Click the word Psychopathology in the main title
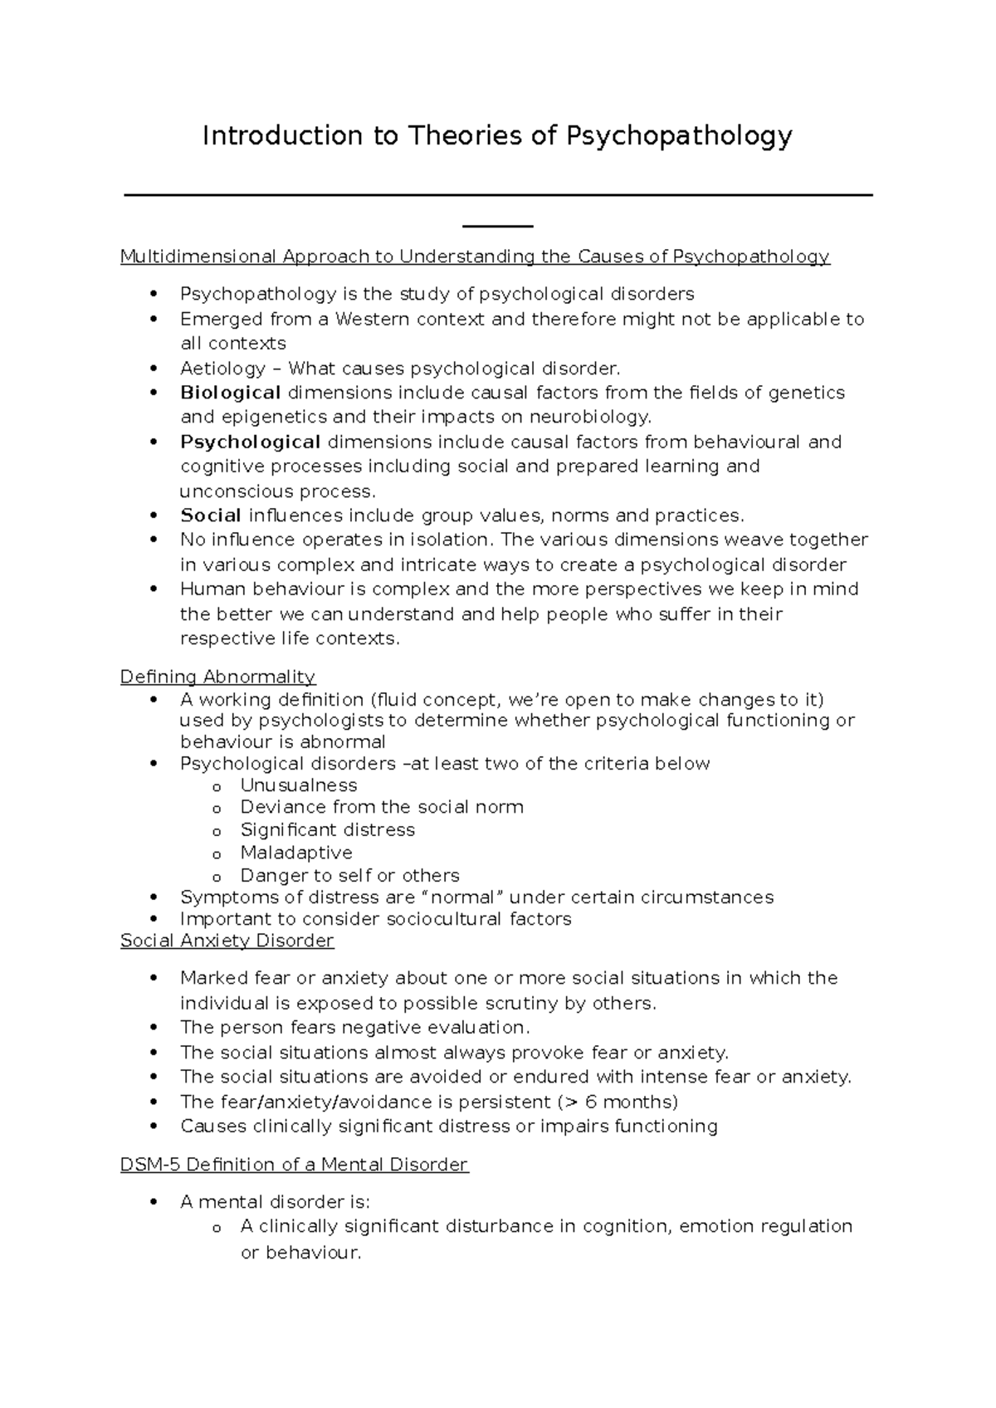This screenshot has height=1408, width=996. [x=678, y=135]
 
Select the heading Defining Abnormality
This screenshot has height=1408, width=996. [x=217, y=677]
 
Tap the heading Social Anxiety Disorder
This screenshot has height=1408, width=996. [x=227, y=941]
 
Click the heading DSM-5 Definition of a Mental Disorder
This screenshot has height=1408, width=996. [x=294, y=1165]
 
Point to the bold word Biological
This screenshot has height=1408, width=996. [x=230, y=393]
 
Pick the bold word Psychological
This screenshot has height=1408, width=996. [x=250, y=442]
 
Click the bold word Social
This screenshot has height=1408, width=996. [x=210, y=516]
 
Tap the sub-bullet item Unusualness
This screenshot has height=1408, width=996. [x=298, y=785]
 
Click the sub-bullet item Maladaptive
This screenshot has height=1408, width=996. [x=295, y=853]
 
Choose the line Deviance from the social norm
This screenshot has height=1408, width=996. [x=381, y=807]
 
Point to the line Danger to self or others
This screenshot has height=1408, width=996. [x=349, y=875]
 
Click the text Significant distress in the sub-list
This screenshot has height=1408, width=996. [x=327, y=829]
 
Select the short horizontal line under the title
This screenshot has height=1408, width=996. [x=497, y=226]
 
